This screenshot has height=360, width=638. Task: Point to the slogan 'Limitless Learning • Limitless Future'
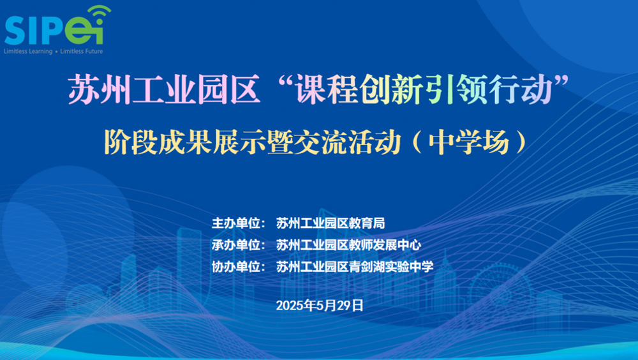[54, 51]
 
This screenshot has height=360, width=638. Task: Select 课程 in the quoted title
[327, 89]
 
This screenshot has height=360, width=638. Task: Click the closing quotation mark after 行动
[561, 81]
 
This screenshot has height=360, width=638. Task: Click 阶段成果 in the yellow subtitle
[158, 142]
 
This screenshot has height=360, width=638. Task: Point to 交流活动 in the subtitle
[347, 142]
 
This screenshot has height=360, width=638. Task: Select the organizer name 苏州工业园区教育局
[330, 223]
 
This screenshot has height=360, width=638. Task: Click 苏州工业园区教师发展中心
[349, 244]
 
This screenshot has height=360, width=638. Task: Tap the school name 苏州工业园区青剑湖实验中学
[355, 267]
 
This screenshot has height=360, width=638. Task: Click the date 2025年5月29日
[320, 305]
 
